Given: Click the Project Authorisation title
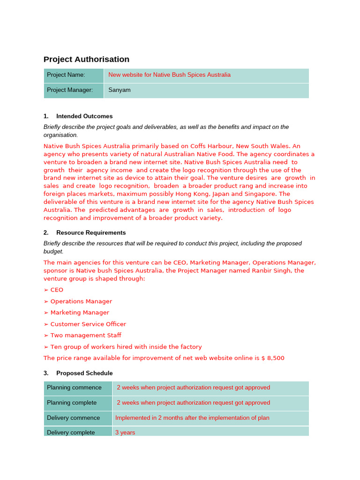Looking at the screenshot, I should tap(86, 59).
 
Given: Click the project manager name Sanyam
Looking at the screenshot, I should tap(120, 90).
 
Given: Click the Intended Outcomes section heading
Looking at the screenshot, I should tap(84, 116).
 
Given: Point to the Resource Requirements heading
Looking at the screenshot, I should tap(91, 232).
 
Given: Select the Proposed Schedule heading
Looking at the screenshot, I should tap(84, 373).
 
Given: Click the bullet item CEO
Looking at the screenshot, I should tap(56, 290).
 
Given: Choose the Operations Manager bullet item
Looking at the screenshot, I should tap(81, 301).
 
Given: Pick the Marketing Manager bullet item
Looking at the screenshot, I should tap(80, 313).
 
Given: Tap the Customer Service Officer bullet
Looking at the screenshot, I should tap(88, 324).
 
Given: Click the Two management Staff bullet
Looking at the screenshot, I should tap(86, 335).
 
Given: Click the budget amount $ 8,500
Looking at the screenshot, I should tap(273, 358).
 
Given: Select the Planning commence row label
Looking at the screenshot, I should tap(74, 388).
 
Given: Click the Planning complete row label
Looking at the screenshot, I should tap(72, 403).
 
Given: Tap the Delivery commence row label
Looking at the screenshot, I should tap(73, 418).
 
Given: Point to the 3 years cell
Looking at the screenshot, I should tap(125, 432).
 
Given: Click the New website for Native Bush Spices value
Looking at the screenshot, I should tap(169, 75).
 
